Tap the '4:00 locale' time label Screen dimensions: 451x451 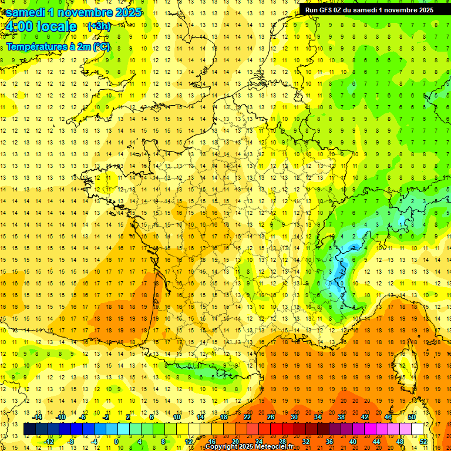click(x=41, y=26)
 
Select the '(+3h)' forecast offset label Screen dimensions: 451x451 click(x=98, y=26)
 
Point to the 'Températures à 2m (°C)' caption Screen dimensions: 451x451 click(x=58, y=46)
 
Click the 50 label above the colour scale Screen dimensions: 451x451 click(x=411, y=417)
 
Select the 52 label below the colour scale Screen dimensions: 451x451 click(x=423, y=442)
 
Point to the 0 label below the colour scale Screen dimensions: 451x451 click(x=116, y=442)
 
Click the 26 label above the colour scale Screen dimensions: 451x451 click(x=270, y=417)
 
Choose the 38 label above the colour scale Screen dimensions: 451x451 click(x=341, y=417)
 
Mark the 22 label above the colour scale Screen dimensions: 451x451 click(x=247, y=417)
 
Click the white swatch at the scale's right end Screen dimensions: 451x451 click(x=417, y=429)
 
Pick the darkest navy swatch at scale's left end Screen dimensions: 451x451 click(x=29, y=429)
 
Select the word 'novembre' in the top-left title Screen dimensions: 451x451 click(x=87, y=12)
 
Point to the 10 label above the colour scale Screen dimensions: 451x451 click(x=176, y=417)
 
